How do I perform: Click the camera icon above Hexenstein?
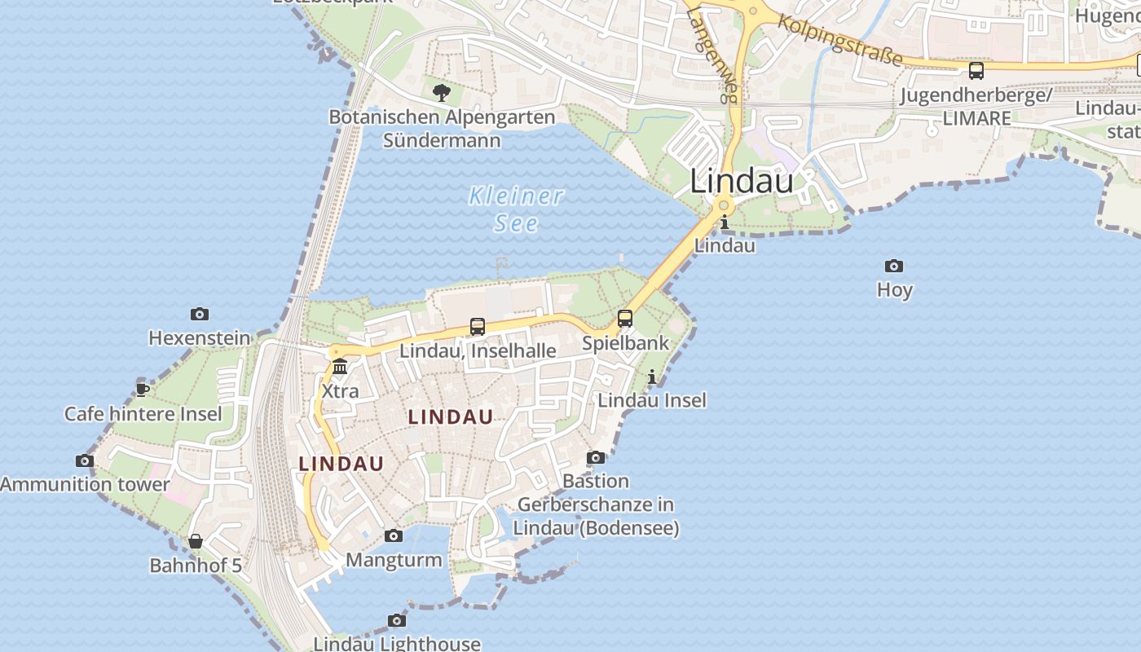pos(200,314)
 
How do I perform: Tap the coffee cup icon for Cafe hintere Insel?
pos(143,389)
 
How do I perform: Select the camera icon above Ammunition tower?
pos(85,461)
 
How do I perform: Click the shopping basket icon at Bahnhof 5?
pos(196,541)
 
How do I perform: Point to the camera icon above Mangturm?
pos(394,535)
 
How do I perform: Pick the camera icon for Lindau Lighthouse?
pos(397,621)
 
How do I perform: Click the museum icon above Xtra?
pos(340,367)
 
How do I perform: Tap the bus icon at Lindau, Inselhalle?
pos(478,327)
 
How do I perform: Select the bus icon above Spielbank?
pos(625,319)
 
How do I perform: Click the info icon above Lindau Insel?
pos(652,377)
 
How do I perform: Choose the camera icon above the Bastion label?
pos(597,457)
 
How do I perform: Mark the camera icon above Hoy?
pos(894,266)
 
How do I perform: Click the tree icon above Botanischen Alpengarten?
pos(442,92)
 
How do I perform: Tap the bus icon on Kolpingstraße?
pos(976,71)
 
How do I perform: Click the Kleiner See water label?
pos(516,209)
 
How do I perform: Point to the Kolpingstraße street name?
pos(840,39)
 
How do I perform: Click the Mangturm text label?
pos(394,560)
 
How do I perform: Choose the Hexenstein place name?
pos(200,337)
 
